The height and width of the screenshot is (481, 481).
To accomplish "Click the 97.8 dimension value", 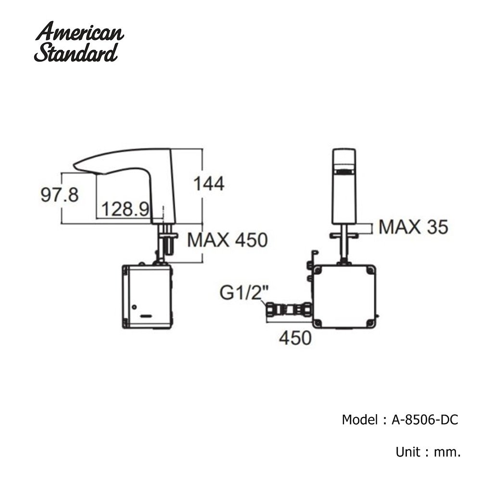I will click(x=60, y=195).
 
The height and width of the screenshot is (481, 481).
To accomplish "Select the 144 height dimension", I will click(x=208, y=183).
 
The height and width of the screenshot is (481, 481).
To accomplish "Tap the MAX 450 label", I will click(x=227, y=240).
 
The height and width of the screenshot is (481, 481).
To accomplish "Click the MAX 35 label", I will click(x=413, y=227).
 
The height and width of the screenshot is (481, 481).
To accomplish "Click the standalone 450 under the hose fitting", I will click(x=295, y=338).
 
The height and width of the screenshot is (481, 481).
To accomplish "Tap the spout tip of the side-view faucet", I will click(x=77, y=166).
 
